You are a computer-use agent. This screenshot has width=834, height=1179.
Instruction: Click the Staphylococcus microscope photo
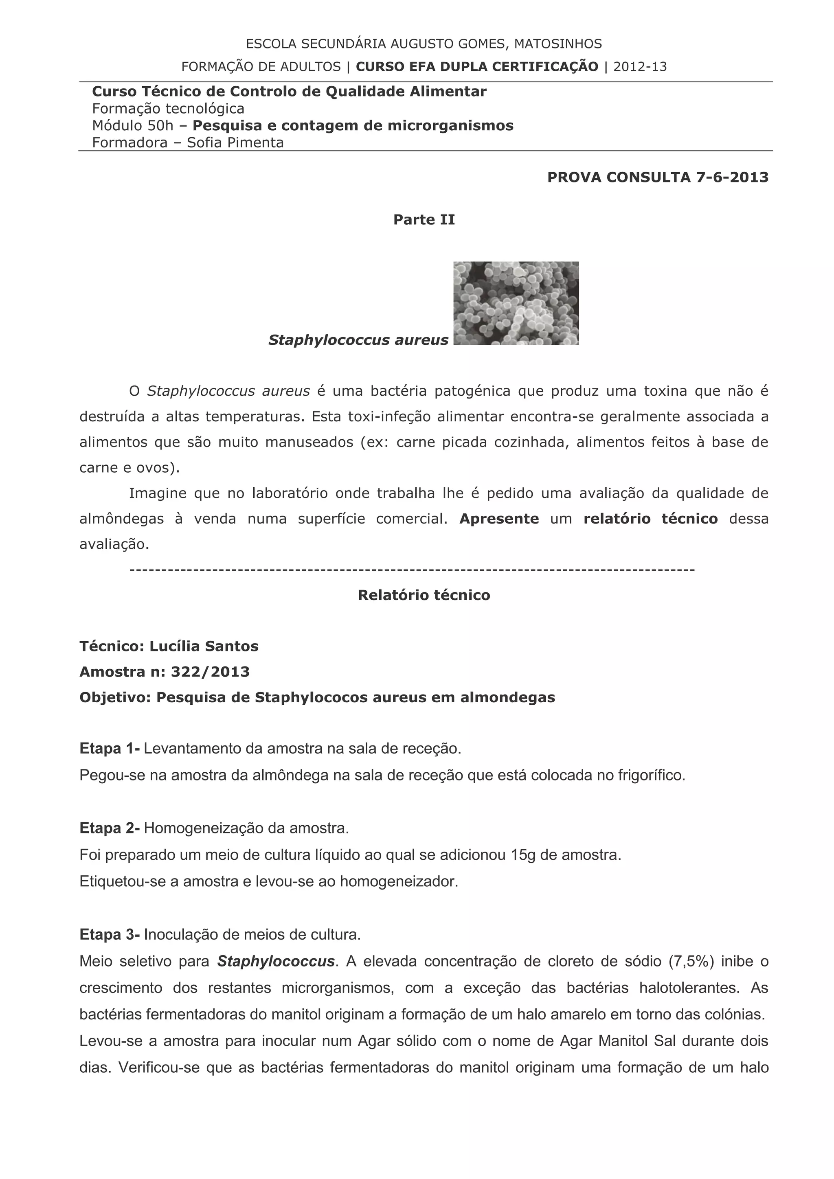tap(516, 303)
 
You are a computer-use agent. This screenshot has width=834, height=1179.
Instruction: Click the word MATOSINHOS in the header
tap(558, 44)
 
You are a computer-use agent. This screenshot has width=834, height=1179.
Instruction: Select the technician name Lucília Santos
tap(204, 646)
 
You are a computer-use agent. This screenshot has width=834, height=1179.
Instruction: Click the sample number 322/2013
tap(210, 672)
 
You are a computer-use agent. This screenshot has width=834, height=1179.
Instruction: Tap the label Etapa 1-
tap(110, 749)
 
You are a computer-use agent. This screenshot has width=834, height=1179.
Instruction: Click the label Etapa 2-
tap(110, 828)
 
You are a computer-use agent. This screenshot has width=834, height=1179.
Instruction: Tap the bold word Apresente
tap(499, 519)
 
